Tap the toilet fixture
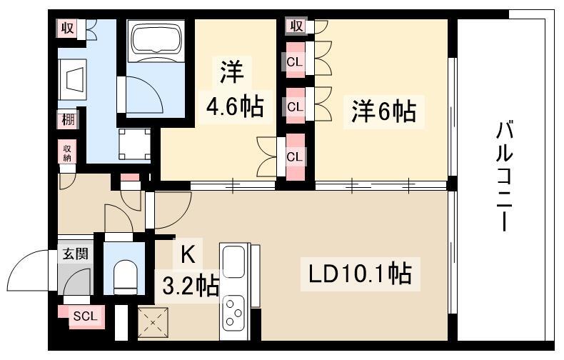(x=125, y=275)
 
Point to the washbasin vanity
(x=72, y=80)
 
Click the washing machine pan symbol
(x=134, y=144)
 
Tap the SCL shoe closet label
(x=85, y=316)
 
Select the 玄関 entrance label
(x=75, y=254)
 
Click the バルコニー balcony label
(x=504, y=176)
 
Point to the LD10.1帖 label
(x=360, y=274)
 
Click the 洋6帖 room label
(x=384, y=111)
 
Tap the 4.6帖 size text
(x=234, y=106)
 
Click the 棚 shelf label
(x=68, y=119)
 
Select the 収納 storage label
(x=67, y=153)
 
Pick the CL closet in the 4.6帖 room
(x=294, y=157)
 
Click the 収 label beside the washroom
(x=67, y=28)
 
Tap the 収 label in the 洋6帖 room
(x=297, y=26)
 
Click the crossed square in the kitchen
(x=153, y=323)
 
